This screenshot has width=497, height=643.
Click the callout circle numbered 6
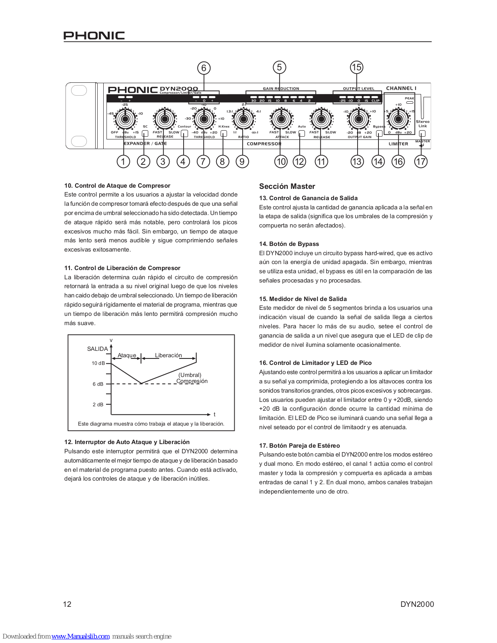tap(204, 68)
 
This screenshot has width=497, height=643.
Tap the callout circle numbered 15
tap(356, 67)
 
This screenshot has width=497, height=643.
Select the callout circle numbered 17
tap(421, 162)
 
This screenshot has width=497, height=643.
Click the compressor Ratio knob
tap(243, 119)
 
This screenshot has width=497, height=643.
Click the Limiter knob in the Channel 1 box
tap(398, 119)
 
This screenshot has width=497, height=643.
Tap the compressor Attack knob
tap(281, 119)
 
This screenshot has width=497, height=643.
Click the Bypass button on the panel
tap(379, 133)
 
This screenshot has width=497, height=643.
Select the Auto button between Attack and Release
tap(302, 133)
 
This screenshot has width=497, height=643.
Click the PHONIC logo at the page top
tap(94, 35)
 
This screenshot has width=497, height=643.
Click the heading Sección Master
tap(287, 186)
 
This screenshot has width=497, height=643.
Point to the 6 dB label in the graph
tap(98, 384)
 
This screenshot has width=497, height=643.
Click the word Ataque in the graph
tap(127, 355)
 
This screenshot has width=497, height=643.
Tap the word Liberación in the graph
tap(168, 355)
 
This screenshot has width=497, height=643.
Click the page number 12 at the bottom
tap(67, 604)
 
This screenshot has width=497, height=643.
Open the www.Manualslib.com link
tap(80, 636)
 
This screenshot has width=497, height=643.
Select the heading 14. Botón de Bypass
tap(289, 244)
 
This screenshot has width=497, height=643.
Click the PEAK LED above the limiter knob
tap(409, 102)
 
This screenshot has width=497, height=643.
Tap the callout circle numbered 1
tap(123, 162)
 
